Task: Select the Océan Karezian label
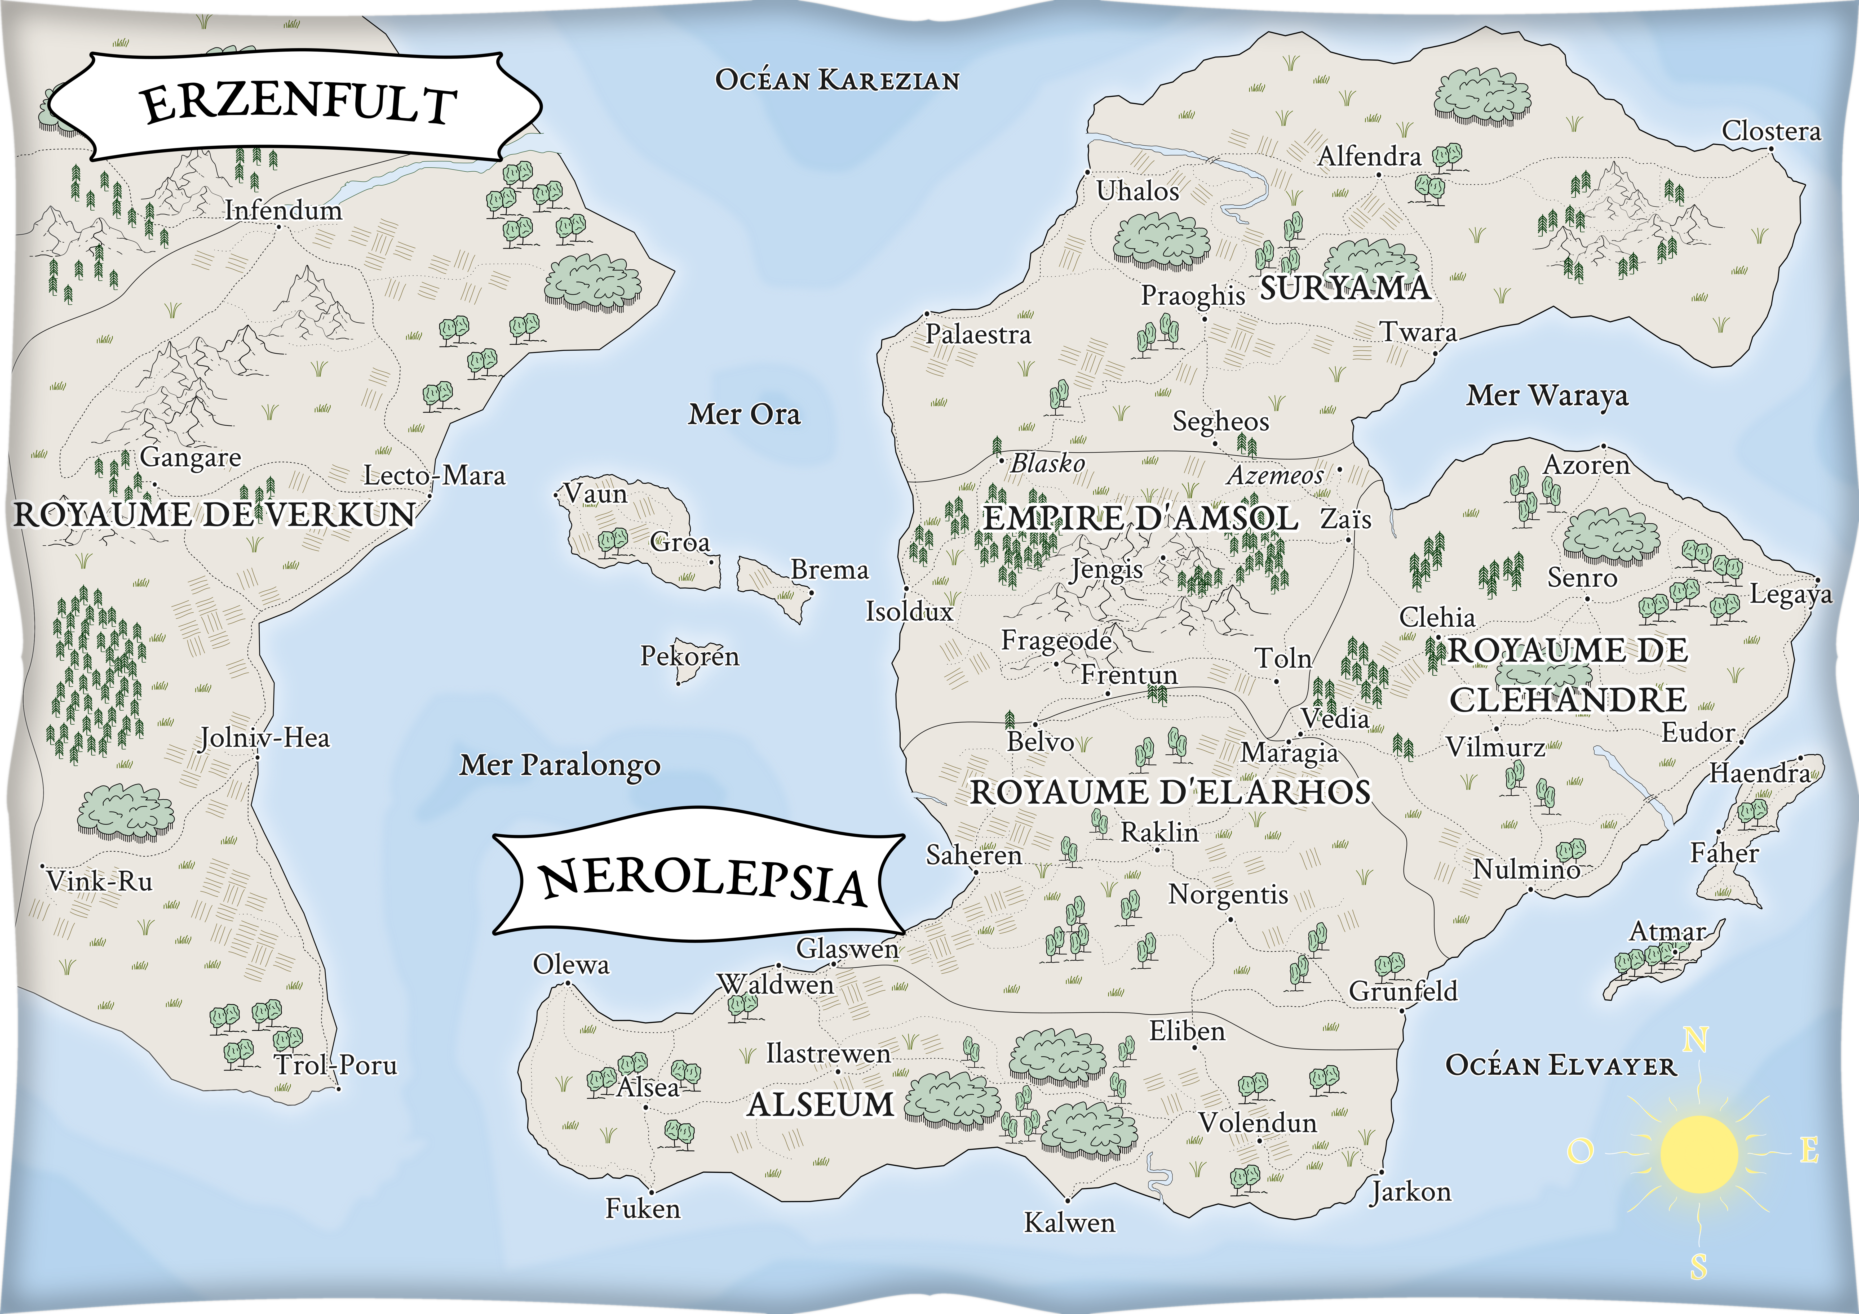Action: pos(837,80)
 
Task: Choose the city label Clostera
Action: pos(1771,131)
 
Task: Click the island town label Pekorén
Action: pos(690,656)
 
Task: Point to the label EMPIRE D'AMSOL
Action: pos(1140,518)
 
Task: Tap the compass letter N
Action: pos(1696,1040)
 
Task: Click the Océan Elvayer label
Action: pos(1560,1066)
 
